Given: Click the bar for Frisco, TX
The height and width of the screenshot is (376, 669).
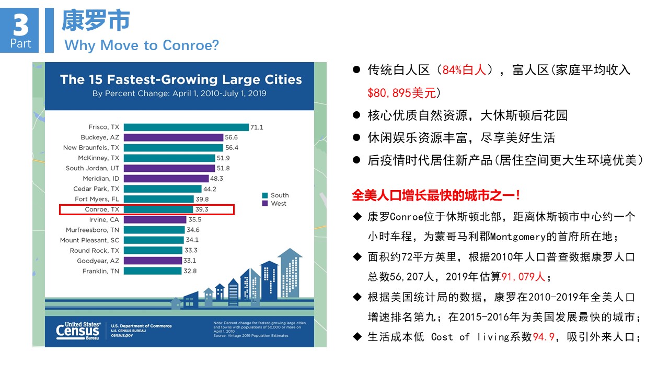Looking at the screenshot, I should tap(186, 127).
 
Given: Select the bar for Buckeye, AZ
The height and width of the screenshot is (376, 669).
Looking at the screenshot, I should tap(173, 137).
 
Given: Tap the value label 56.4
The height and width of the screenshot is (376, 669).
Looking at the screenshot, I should tap(232, 148).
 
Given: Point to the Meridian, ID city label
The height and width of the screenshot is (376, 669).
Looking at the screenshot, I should tap(101, 179).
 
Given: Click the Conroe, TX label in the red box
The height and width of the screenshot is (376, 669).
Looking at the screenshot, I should tap(102, 209).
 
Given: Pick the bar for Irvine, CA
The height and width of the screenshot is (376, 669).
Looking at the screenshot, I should tap(155, 220).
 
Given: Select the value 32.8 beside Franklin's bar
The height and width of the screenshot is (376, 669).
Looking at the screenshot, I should tap(190, 271).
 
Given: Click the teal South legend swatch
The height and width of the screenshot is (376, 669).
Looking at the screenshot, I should tap(265, 195).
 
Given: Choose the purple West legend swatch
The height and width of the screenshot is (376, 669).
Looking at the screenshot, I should tap(265, 204).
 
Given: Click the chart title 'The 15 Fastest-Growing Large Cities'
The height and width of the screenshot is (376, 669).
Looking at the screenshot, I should tap(181, 80).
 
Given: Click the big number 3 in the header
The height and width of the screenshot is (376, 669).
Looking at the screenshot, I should tap(20, 25).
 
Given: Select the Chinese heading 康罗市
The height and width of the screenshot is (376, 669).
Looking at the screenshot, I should tap(95, 21).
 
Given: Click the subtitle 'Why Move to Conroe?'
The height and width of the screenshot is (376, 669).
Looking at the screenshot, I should tap(142, 45).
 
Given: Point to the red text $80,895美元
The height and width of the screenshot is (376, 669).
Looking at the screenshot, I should tap(401, 93).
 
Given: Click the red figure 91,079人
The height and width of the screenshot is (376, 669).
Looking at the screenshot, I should tap(523, 276).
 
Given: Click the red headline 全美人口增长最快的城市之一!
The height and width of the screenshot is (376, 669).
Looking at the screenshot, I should tap(436, 196).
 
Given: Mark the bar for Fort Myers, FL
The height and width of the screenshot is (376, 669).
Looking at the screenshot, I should tap(158, 199).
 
